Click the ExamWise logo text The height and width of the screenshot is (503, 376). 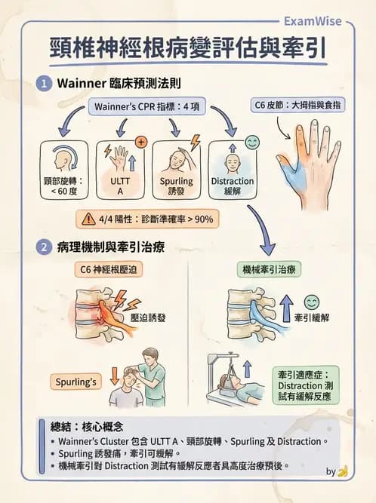pos(318,22)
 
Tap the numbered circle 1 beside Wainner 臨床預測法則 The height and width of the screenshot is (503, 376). pos(45,83)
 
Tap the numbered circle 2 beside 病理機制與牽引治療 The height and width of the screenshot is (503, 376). pos(45,247)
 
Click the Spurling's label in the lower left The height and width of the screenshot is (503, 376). pos(76,382)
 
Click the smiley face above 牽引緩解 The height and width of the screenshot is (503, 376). pos(311,302)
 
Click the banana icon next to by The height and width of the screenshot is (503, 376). pos(343,471)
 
